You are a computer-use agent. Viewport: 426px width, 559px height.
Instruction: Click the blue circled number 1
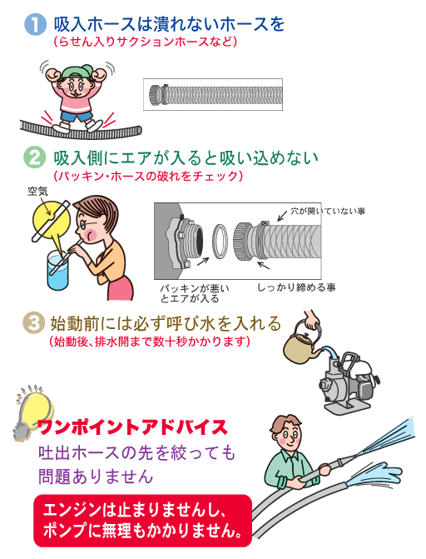pyautogui.click(x=35, y=24)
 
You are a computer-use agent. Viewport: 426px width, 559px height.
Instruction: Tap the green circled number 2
pyautogui.click(x=35, y=157)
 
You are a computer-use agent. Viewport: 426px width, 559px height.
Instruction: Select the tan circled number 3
pyautogui.click(x=33, y=323)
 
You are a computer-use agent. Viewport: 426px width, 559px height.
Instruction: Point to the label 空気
pyautogui.click(x=37, y=191)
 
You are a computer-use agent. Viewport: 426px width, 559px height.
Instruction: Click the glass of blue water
pyautogui.click(x=57, y=270)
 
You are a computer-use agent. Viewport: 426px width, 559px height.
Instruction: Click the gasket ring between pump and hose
pyautogui.click(x=220, y=242)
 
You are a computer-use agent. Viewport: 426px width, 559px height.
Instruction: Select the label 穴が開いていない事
pyautogui.click(x=328, y=211)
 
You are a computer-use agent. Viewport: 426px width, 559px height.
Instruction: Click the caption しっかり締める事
pyautogui.click(x=296, y=287)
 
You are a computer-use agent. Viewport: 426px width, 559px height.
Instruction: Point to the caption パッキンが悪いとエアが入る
pyautogui.click(x=194, y=293)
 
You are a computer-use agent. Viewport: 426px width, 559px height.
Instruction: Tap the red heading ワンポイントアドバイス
pyautogui.click(x=132, y=427)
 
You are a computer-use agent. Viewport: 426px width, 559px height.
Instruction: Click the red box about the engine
pyautogui.click(x=142, y=521)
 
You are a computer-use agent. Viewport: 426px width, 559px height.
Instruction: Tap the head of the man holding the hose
pyautogui.click(x=285, y=432)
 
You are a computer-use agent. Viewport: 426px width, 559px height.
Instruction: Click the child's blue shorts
pyautogui.click(x=76, y=116)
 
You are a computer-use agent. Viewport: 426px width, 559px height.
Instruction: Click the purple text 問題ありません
pyautogui.click(x=96, y=477)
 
